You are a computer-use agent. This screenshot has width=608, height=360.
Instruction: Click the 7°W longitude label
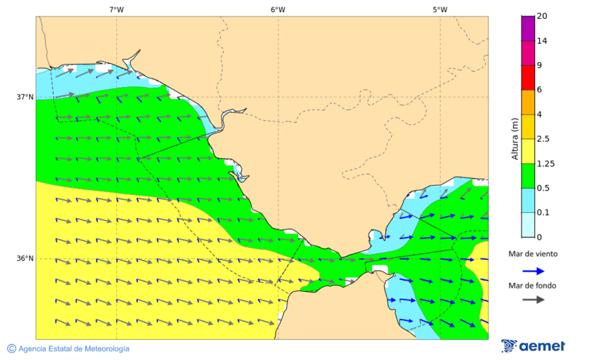click(116, 9)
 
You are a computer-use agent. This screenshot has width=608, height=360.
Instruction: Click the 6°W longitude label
click(278, 9)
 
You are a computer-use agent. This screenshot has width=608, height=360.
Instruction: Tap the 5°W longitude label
click(440, 9)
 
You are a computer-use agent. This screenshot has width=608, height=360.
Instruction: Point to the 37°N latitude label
click(25, 97)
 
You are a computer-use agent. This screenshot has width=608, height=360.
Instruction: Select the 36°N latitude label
click(25, 259)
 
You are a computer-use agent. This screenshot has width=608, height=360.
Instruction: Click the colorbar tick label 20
click(542, 16)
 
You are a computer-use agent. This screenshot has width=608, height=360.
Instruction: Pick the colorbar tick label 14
click(542, 41)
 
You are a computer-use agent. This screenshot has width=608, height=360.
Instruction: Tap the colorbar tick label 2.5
click(543, 139)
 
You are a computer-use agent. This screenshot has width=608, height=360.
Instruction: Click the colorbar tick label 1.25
click(544, 163)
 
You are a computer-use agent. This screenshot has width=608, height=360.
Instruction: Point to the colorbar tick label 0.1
click(543, 213)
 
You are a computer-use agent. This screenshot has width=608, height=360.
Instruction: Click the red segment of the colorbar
click(528, 78)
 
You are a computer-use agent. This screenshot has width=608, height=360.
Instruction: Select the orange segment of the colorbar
click(528, 102)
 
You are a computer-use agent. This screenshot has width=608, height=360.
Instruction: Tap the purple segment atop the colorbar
click(528, 28)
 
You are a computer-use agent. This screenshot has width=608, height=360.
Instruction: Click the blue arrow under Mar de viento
click(534, 271)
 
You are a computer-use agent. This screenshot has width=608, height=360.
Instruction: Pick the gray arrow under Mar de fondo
click(534, 299)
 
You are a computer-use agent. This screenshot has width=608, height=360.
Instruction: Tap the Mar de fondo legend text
click(533, 286)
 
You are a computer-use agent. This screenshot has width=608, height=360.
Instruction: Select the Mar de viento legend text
click(533, 254)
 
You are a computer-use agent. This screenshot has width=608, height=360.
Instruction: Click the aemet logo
click(533, 346)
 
